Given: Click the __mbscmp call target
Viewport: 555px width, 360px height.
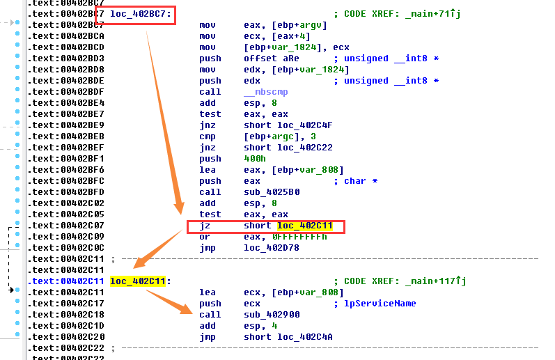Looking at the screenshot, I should pos(265,92).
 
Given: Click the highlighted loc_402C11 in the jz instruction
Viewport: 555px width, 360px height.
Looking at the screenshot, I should pos(305,226).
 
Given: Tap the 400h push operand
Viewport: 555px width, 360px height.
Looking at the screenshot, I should pos(254,159).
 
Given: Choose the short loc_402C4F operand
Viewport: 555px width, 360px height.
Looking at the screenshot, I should pos(282,125).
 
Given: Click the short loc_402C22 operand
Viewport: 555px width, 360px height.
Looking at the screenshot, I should pos(282,148).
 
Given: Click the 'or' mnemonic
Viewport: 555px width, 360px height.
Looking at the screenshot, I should pos(205,237).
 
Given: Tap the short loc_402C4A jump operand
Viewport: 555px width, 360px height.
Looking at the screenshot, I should pos(282,337).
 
